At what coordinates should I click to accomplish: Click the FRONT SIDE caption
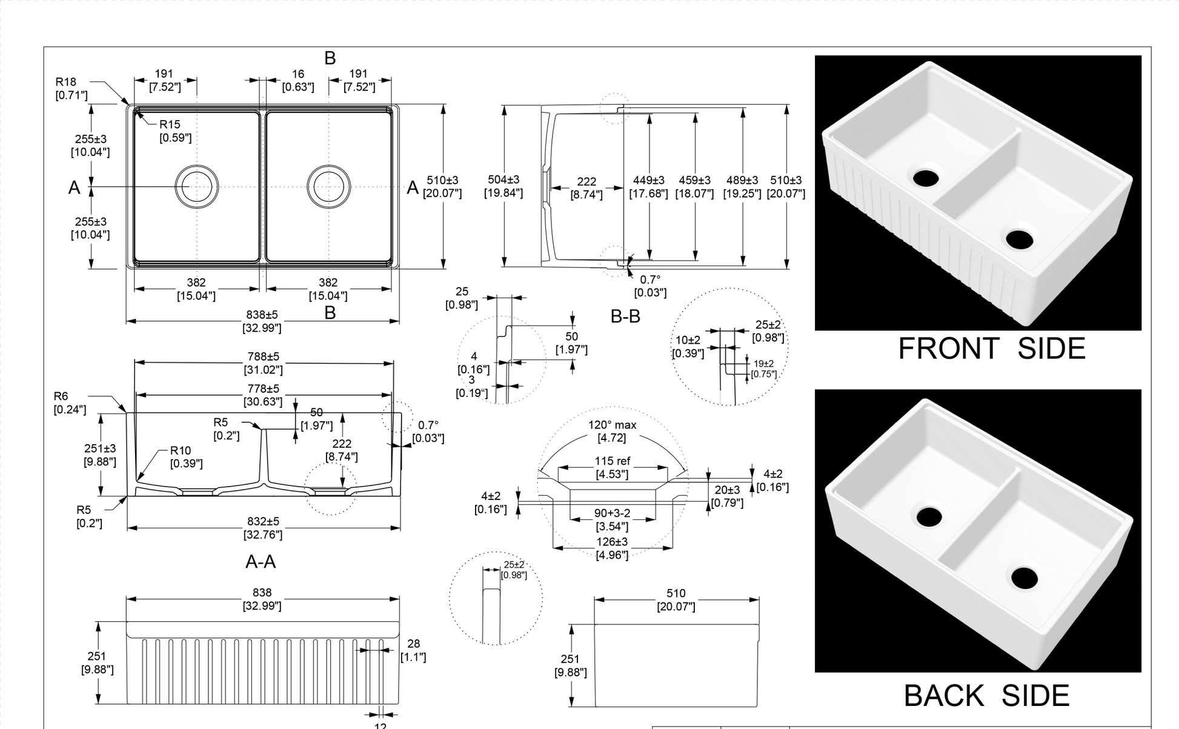(x=991, y=349)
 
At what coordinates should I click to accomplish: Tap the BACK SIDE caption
(x=986, y=696)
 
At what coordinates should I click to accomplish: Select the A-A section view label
(x=261, y=562)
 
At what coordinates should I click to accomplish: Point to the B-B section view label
(x=625, y=316)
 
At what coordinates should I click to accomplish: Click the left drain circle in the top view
(x=197, y=186)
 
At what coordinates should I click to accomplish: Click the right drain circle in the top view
(x=328, y=186)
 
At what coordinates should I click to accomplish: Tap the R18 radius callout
(x=66, y=82)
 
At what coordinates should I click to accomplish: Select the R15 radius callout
(x=170, y=124)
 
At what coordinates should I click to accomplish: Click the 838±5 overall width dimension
(x=262, y=315)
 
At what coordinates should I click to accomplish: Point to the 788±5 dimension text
(x=263, y=357)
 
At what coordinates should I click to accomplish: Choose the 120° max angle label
(x=612, y=425)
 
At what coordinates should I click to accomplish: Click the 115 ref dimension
(x=612, y=461)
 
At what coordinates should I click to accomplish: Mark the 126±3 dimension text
(x=612, y=542)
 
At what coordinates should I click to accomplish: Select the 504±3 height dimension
(x=503, y=180)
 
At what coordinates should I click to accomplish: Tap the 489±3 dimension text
(x=742, y=181)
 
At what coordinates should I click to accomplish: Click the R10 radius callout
(x=181, y=450)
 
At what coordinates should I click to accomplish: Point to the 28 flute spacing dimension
(x=413, y=644)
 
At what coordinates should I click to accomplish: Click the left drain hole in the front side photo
(x=926, y=178)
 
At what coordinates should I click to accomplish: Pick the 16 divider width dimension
(x=297, y=74)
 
